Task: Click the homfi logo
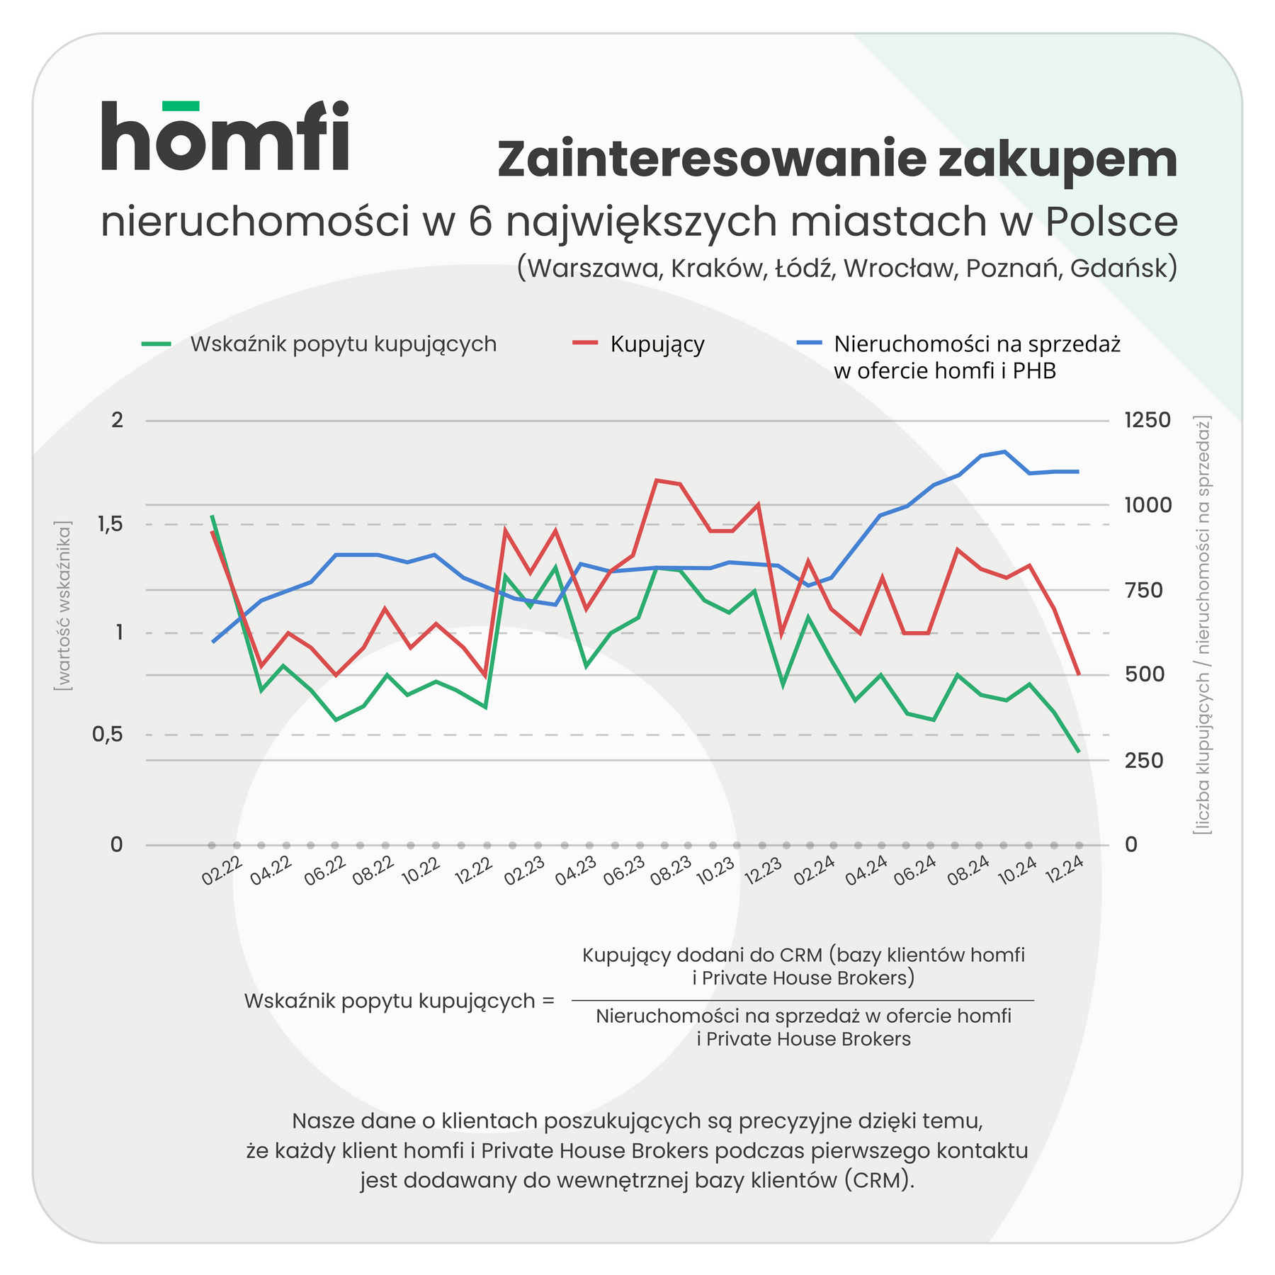tap(225, 136)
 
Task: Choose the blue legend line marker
tap(809, 344)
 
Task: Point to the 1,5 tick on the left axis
tap(107, 525)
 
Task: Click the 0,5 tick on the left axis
tap(107, 735)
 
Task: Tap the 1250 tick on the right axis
tap(1147, 421)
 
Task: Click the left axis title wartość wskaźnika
tap(64, 606)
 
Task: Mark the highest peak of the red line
tap(657, 480)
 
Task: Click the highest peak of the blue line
tap(1004, 451)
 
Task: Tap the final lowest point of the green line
tap(1078, 752)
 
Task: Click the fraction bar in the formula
tap(803, 1000)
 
